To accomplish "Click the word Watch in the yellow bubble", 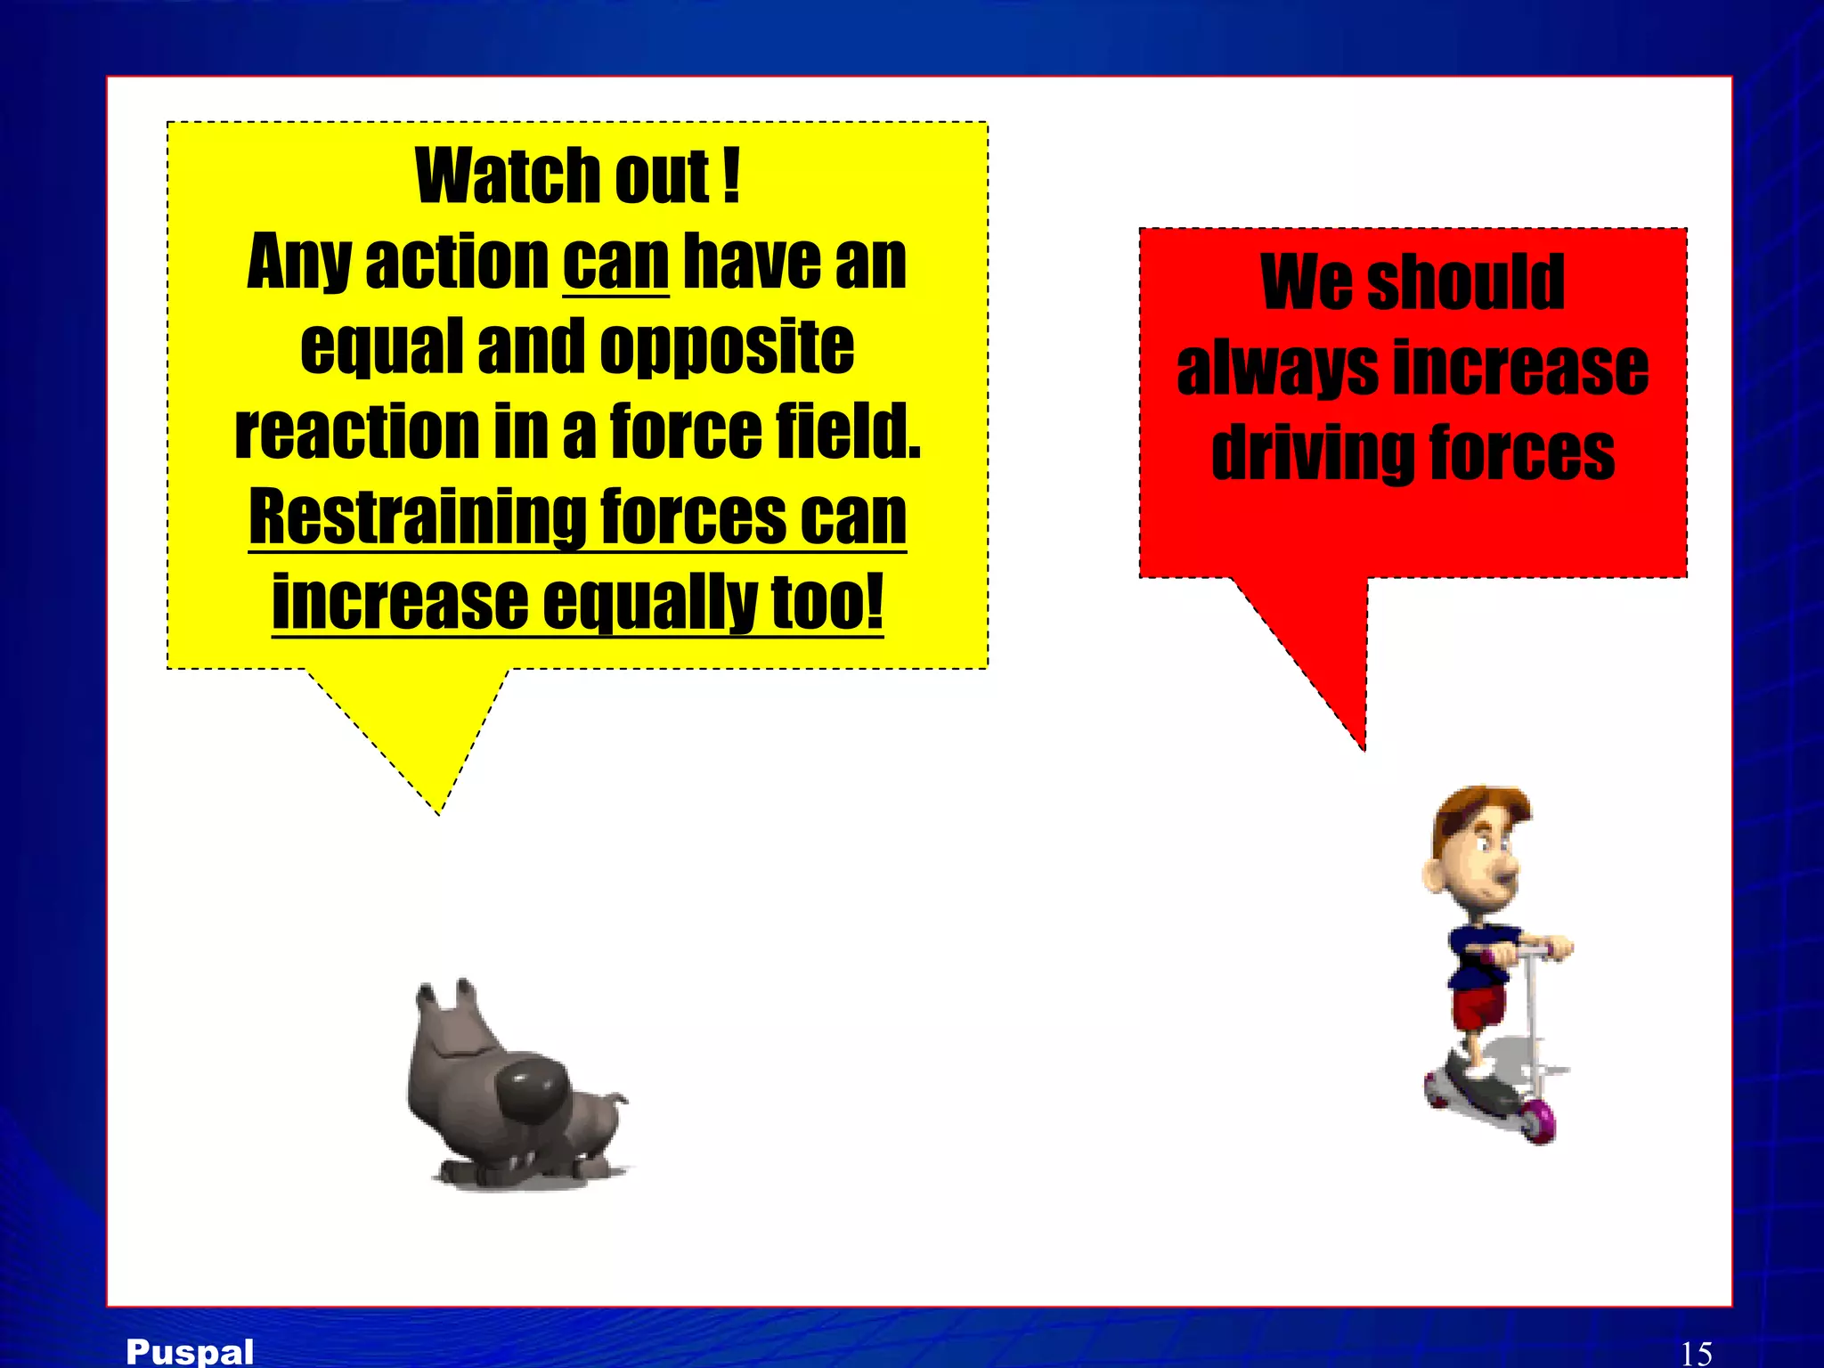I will coord(508,176).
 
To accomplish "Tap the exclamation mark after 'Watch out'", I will coord(731,176).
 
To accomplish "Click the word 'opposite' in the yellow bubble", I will coord(727,346).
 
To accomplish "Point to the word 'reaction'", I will coord(356,431).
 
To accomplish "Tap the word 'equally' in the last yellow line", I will coord(648,602).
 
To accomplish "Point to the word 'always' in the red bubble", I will coord(1277,369).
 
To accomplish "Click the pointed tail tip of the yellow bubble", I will coord(438,811).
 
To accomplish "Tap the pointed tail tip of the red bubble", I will coord(1363,748).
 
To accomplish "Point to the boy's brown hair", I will coord(1478,806).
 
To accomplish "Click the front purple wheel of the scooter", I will coord(1539,1119).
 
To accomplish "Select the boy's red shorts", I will coord(1478,1006).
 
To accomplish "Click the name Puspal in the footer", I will coord(190,1351).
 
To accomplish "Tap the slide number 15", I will coord(1696,1353).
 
